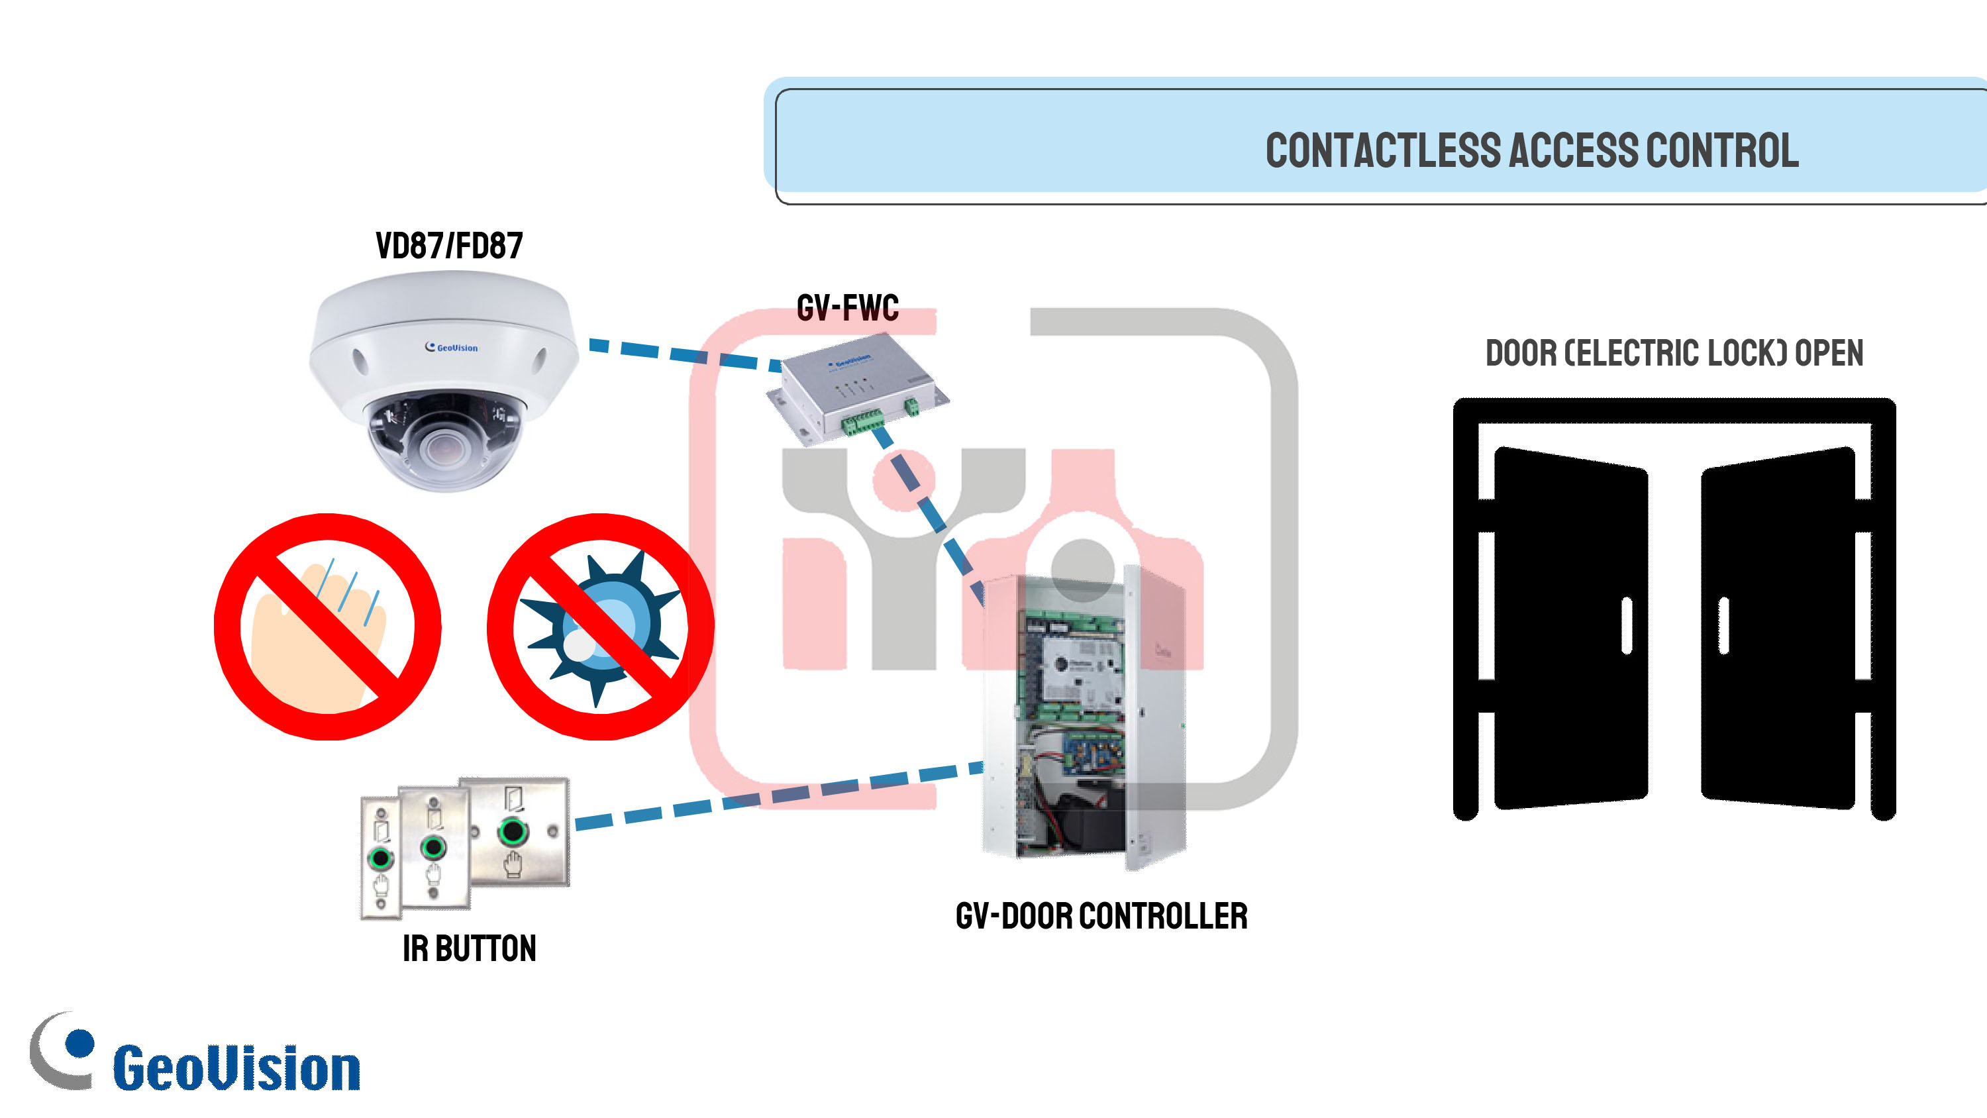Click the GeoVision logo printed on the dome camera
pos(452,347)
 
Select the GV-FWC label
pos(848,307)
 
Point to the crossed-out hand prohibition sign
pos(328,627)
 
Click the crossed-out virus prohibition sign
pos(600,627)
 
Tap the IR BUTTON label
pos(469,948)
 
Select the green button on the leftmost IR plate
pos(380,857)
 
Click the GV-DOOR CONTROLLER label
pos(1101,916)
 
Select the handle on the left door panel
pos(1627,626)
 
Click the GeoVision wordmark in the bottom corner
pos(237,1068)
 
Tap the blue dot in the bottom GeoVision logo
pos(79,1043)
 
